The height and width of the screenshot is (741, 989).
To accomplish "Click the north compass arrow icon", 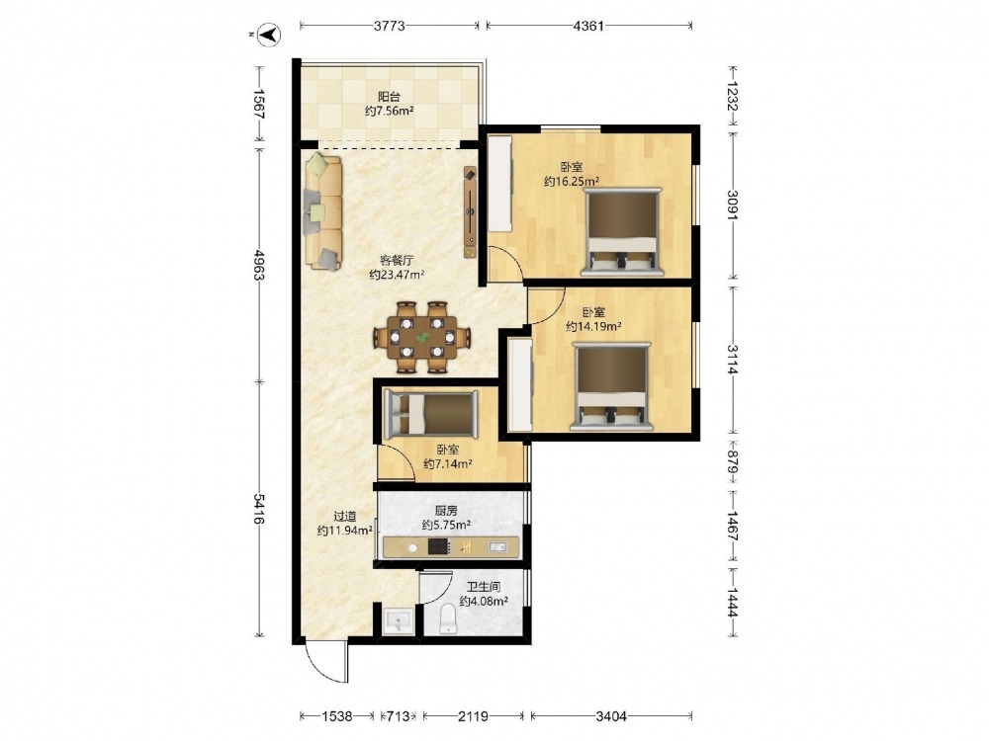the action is tap(271, 34).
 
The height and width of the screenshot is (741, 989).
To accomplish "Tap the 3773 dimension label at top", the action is tap(389, 26).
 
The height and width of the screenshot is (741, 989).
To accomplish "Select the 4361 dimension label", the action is tap(588, 26).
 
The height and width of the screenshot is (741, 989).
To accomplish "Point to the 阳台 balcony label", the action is tap(389, 97).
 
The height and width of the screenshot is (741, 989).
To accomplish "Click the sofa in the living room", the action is tap(323, 213).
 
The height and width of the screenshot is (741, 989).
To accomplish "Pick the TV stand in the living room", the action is tap(470, 212).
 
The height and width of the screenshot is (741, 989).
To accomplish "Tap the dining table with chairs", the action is tap(422, 337).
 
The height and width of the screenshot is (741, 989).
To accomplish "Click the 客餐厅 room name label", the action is tap(397, 260).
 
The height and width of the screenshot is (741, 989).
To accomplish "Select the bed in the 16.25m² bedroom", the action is tap(623, 231).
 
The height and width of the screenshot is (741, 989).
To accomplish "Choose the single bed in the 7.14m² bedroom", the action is tap(431, 414).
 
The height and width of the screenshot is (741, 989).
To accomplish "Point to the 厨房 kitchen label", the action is tap(446, 511).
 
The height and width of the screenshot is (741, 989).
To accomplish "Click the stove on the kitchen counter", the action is tap(439, 546).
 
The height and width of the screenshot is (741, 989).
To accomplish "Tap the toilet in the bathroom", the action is tap(448, 618).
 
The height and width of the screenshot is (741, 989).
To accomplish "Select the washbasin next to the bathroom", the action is tap(399, 619).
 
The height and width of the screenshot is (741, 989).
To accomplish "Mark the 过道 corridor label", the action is tap(345, 516).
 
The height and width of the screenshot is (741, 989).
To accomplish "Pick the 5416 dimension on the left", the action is tap(259, 509).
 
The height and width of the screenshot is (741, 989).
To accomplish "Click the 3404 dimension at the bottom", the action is tap(611, 715).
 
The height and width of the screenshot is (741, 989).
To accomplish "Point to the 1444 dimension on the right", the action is tap(733, 603).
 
